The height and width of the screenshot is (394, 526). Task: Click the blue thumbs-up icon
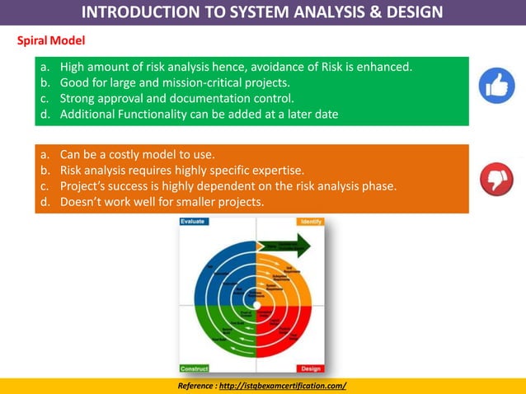(x=497, y=86)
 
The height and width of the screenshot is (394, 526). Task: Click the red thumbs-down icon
(x=496, y=179)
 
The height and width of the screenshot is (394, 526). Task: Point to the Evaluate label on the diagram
(x=194, y=222)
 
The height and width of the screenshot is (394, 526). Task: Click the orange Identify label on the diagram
(x=311, y=222)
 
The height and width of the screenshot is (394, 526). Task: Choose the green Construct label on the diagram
(x=195, y=368)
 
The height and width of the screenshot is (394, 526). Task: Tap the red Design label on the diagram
(x=311, y=368)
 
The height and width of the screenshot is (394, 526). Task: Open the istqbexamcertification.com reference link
(x=285, y=386)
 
